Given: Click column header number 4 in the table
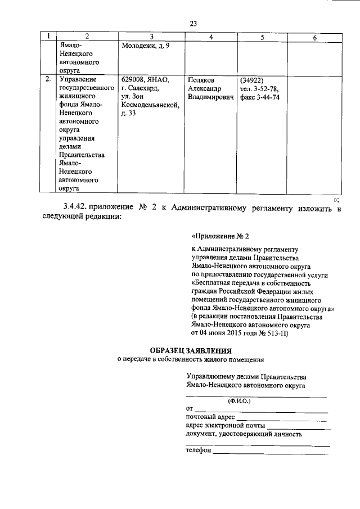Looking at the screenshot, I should (x=210, y=37).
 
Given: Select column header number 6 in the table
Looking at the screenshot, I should (x=314, y=37).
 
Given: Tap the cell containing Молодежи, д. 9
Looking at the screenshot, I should (x=145, y=46).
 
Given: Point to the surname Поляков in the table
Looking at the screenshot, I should (x=202, y=80).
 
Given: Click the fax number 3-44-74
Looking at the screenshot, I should (x=267, y=97).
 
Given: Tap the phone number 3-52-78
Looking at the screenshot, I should (x=267, y=89).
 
